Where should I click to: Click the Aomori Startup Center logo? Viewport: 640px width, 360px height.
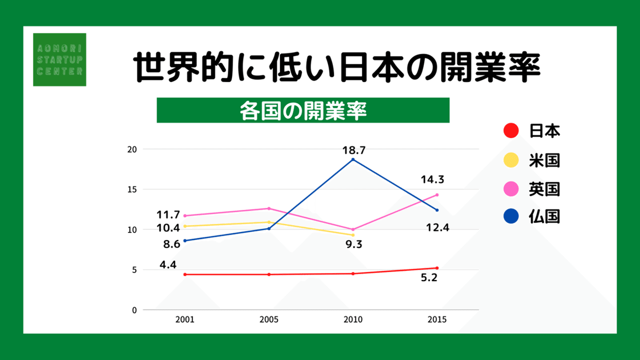[59, 59]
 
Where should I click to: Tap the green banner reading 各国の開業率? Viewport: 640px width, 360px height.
[303, 110]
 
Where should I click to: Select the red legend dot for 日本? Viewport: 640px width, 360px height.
[511, 130]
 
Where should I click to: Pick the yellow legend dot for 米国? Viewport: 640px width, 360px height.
[511, 159]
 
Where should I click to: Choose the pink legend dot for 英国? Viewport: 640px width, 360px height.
[511, 188]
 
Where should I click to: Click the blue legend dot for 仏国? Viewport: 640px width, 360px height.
[511, 217]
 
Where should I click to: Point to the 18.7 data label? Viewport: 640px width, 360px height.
[354, 150]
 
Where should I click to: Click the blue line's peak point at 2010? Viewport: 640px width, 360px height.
[353, 159]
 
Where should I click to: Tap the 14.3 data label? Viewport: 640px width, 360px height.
[433, 180]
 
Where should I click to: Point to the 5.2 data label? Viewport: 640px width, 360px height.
[428, 278]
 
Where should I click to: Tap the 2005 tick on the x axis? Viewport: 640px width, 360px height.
[269, 320]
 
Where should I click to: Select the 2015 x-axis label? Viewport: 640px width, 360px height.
[437, 320]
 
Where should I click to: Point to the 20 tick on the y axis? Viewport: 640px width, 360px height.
[132, 149]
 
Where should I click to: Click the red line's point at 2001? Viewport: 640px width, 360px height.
[185, 275]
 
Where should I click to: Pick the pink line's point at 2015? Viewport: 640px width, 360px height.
[437, 195]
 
